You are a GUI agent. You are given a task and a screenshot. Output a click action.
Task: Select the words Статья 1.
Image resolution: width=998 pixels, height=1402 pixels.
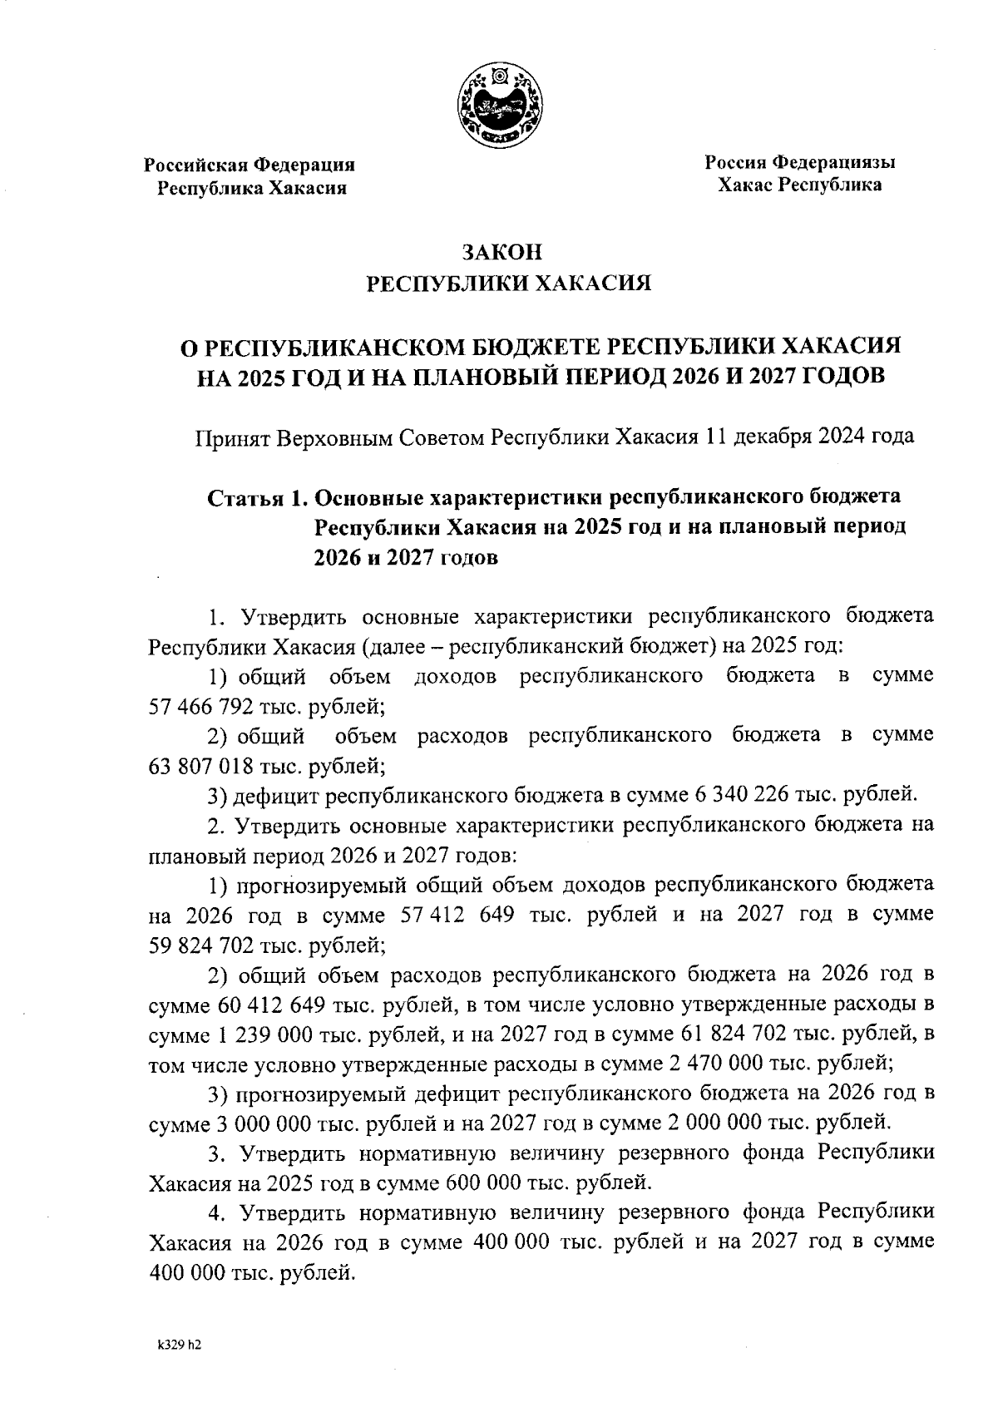click(x=256, y=497)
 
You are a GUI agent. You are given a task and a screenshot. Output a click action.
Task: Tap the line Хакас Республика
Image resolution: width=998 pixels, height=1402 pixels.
click(x=800, y=185)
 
